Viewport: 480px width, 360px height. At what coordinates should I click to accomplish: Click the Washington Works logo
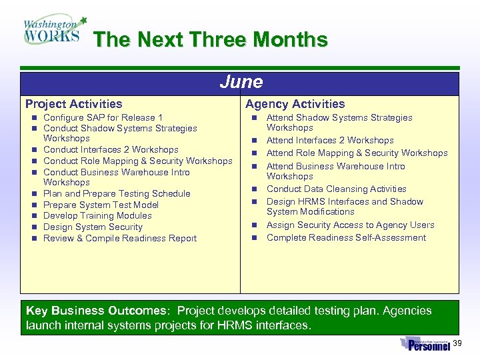tap(53, 30)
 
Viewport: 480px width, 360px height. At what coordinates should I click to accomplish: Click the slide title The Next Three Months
tap(211, 39)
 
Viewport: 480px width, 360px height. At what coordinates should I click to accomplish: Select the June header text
tap(241, 82)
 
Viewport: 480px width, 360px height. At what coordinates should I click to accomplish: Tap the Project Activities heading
tap(74, 104)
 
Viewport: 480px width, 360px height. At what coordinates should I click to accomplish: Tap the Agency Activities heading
tap(295, 104)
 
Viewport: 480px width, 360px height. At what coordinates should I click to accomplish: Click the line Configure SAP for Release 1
tap(103, 117)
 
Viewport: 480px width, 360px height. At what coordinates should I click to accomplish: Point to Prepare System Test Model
tap(101, 205)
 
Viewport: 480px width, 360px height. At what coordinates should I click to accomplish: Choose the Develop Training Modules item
tap(97, 215)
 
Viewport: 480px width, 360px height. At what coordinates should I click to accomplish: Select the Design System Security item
tap(93, 227)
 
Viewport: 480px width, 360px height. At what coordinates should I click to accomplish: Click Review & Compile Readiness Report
tap(120, 238)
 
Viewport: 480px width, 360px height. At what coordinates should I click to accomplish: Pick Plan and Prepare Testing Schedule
tap(117, 193)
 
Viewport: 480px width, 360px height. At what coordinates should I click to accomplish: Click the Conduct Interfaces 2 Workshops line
tap(111, 149)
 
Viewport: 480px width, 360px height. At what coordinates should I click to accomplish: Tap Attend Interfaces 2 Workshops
tap(330, 140)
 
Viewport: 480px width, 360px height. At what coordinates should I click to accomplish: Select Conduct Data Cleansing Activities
tap(336, 189)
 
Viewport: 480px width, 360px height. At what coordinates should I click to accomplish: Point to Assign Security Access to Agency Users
tap(350, 225)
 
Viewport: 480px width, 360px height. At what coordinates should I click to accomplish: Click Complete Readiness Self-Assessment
tap(346, 237)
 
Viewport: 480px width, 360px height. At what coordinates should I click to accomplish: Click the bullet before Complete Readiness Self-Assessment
tap(254, 238)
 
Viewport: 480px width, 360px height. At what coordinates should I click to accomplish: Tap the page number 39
tap(457, 343)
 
